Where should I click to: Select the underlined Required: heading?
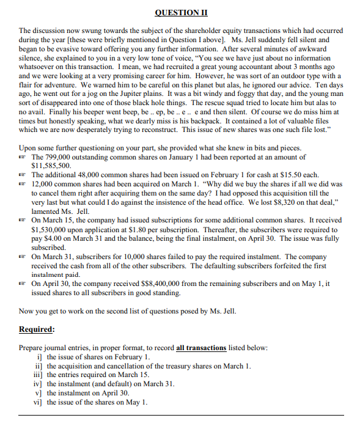tap(37, 329)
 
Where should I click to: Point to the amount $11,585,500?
tap(51, 166)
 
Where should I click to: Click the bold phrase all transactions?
tap(201, 348)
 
